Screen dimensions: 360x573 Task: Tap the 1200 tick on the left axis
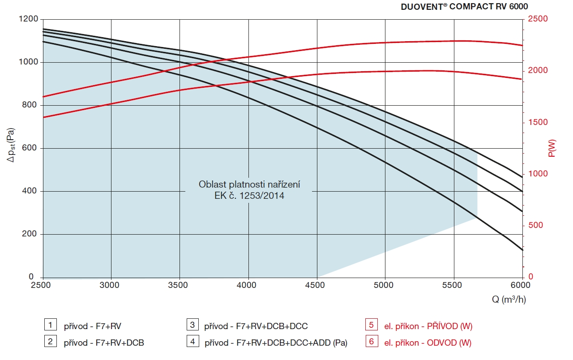28,19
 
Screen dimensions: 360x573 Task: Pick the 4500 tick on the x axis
317,285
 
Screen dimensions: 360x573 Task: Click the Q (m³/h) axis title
509,300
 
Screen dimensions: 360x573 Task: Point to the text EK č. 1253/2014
249,196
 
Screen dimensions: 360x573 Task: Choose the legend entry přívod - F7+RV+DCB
104,343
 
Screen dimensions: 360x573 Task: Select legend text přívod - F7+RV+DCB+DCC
256,326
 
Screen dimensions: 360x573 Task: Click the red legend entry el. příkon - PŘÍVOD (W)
428,326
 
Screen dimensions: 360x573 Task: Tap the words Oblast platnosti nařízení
249,184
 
